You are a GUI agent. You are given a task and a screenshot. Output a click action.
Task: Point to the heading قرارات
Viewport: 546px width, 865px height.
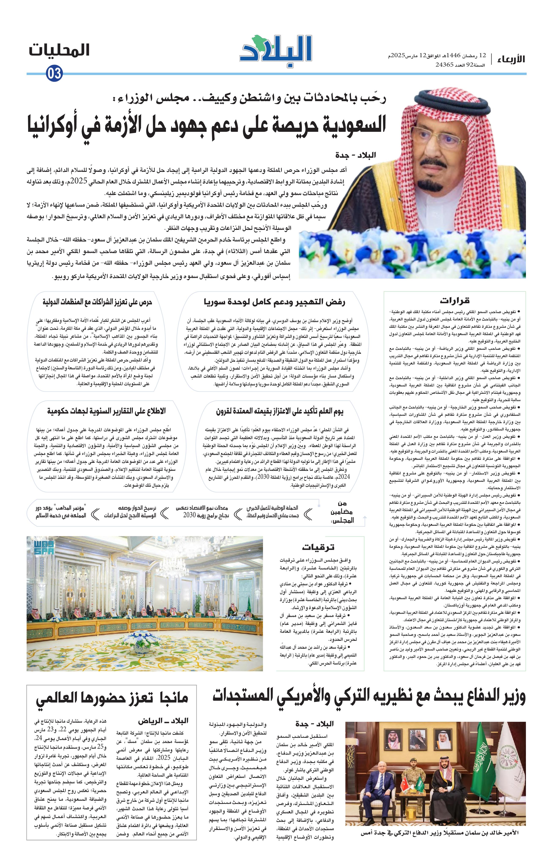(454, 301)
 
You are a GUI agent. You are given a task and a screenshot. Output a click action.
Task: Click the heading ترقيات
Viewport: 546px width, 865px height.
(318, 547)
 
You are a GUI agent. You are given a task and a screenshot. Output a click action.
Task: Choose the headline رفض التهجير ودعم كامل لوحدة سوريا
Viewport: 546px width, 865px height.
(274, 302)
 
